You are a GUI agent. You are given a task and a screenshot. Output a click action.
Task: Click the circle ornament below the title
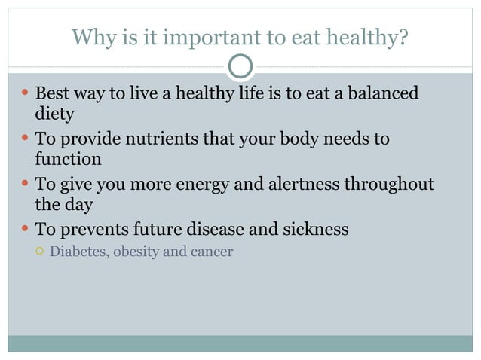[240, 67]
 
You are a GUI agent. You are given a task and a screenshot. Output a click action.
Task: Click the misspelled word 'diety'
[54, 114]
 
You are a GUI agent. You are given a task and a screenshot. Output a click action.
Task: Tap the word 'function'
[68, 159]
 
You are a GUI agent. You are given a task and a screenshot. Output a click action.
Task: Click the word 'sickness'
[314, 229]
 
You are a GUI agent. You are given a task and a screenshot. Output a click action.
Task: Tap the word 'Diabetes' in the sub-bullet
[79, 252]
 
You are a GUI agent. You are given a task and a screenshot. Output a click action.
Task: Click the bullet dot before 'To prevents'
[25, 228]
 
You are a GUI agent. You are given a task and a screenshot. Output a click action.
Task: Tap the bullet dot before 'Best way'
[25, 94]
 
